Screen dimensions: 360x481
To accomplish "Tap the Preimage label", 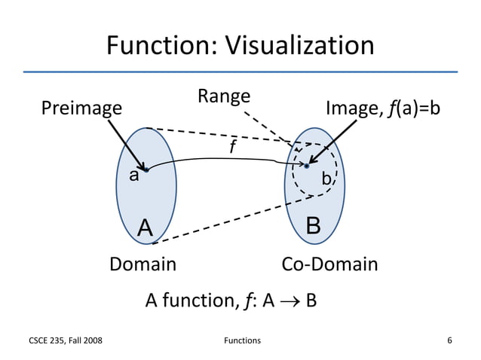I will coord(81,108).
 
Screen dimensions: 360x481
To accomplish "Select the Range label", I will coord(223,96).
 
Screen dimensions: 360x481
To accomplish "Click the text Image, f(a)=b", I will coord(382,108).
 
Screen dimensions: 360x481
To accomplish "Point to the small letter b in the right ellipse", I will coord(326,179).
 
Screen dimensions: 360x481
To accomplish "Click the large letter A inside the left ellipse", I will coord(145,227).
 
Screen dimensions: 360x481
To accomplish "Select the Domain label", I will coord(143,264).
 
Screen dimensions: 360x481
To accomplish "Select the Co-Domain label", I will coord(329,264).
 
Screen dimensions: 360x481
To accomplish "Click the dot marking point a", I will coord(146,170).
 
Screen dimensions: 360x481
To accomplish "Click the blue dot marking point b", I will coord(306,165).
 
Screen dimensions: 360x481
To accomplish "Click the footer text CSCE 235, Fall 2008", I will coord(66,341).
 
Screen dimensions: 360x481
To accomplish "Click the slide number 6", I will coord(449,341).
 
